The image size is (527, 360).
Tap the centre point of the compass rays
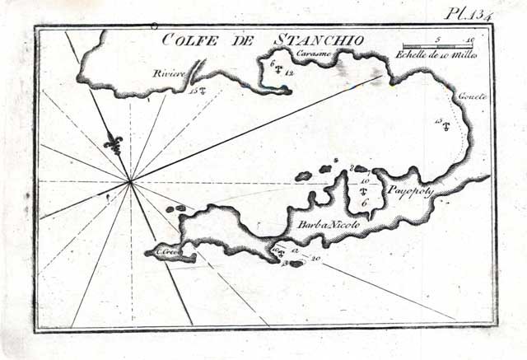(130, 180)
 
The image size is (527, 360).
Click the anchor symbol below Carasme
(278, 70)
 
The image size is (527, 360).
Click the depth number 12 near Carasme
(288, 72)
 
